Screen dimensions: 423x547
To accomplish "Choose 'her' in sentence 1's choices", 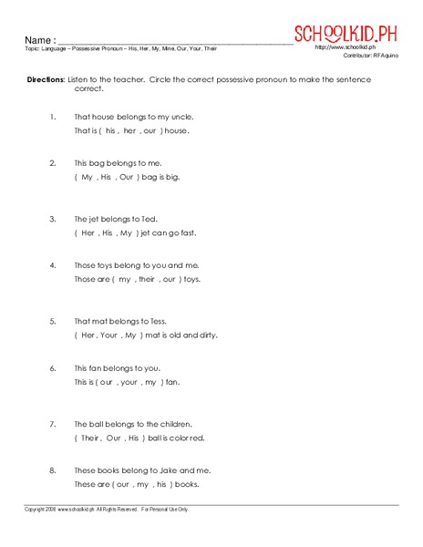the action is pyautogui.click(x=129, y=130).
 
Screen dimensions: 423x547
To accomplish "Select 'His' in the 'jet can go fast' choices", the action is pyautogui.click(x=108, y=232).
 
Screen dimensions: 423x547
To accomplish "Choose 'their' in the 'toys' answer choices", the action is pyautogui.click(x=144, y=279).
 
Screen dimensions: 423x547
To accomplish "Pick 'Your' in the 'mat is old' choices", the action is pyautogui.click(x=112, y=335).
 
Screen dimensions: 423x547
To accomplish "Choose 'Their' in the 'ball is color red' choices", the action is pyautogui.click(x=89, y=437).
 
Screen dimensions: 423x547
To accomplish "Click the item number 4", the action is pyautogui.click(x=54, y=265).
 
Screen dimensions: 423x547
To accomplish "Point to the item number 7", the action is pyautogui.click(x=54, y=423).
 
